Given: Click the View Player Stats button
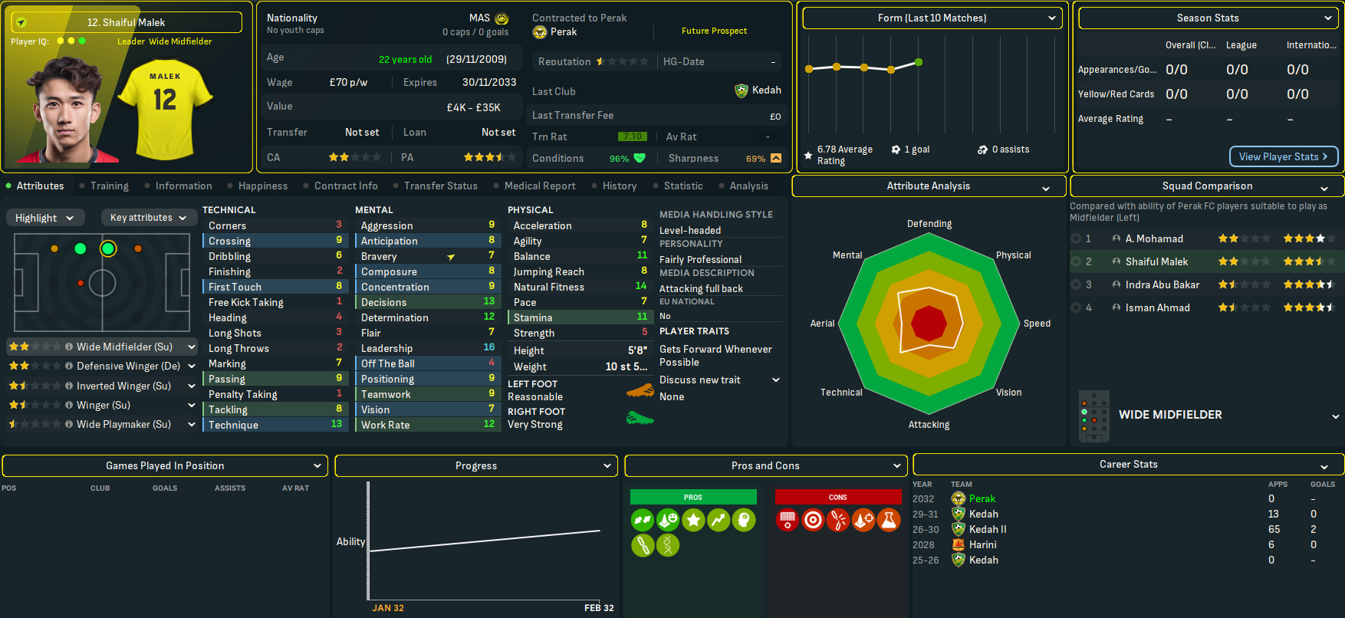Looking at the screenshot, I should click(1283, 156).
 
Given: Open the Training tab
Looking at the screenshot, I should click(109, 186).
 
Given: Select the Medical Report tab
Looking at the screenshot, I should click(539, 186).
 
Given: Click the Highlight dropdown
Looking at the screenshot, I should click(44, 218).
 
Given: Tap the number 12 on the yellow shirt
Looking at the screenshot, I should click(165, 100).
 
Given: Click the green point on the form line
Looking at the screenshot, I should click(919, 62).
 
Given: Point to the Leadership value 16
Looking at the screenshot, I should click(488, 347).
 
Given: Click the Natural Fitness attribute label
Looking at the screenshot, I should click(548, 287).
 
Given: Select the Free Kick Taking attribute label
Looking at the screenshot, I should click(245, 302).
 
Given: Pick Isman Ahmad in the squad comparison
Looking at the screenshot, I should click(1157, 307).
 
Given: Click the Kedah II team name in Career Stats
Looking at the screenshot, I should click(988, 529).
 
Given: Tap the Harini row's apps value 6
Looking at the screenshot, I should click(1271, 544).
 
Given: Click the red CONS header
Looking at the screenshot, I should click(837, 497).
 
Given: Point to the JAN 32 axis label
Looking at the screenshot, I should click(388, 608).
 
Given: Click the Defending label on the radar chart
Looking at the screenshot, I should click(929, 224).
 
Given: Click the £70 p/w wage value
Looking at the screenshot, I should click(348, 82).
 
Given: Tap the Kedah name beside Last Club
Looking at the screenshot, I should click(766, 90).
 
